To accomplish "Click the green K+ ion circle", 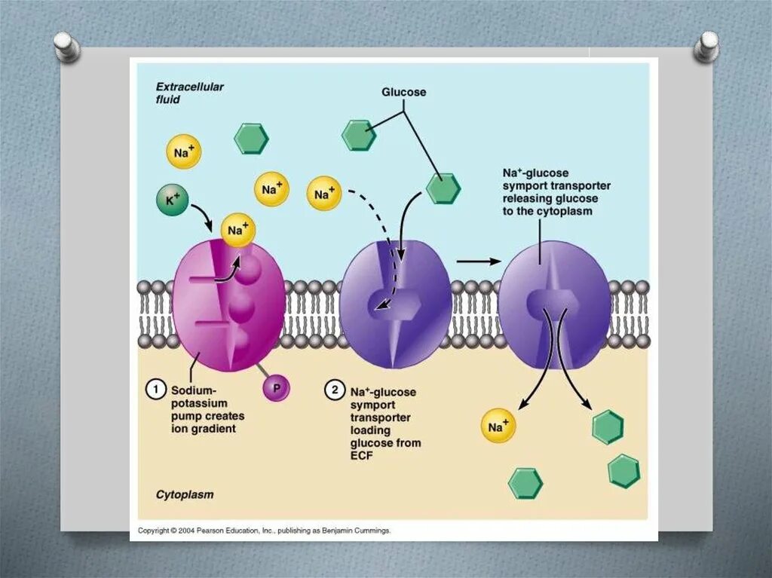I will pyautogui.click(x=173, y=200).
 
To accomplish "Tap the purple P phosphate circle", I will pyautogui.click(x=276, y=388).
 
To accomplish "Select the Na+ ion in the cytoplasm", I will pyautogui.click(x=498, y=427).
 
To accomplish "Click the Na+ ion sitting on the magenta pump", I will pyautogui.click(x=238, y=230).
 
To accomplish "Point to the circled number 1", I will pyautogui.click(x=155, y=390).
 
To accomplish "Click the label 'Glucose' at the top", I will pyautogui.click(x=403, y=92).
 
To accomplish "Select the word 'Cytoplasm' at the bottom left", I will pyautogui.click(x=185, y=495).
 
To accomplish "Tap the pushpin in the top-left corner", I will pyautogui.click(x=68, y=46).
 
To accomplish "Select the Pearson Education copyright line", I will pyautogui.click(x=264, y=531).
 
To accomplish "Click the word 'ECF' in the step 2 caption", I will pyautogui.click(x=362, y=455).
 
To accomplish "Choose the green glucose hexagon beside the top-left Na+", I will pyautogui.click(x=251, y=139).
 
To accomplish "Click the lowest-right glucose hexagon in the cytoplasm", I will pyautogui.click(x=624, y=471).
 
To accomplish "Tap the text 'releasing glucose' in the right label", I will pyautogui.click(x=550, y=198).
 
